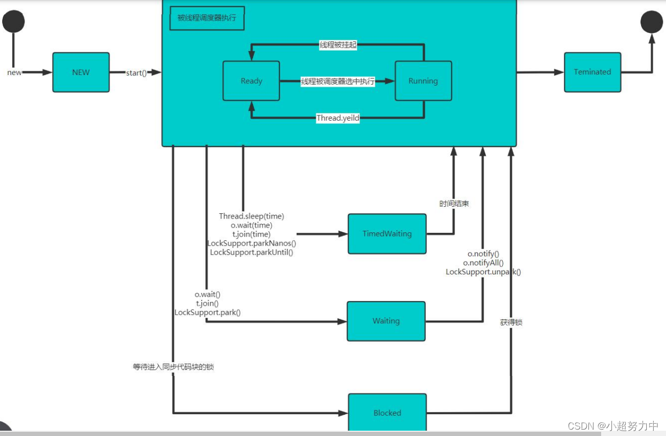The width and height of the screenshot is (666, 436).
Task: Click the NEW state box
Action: point(81,72)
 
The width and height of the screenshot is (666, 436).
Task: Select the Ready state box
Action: point(251,81)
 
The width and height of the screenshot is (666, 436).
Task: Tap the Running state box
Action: point(423,81)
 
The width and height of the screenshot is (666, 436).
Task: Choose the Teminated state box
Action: point(592,72)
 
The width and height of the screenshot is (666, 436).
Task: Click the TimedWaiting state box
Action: point(387,234)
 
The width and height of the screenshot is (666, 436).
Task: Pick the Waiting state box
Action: point(386,321)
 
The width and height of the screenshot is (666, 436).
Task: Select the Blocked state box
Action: point(387,413)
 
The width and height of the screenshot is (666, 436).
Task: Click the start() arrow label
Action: point(136,72)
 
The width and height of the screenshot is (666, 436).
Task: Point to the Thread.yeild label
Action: point(338,118)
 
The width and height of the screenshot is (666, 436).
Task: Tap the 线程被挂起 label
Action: point(338,45)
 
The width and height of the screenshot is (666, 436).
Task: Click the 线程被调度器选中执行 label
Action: point(338,81)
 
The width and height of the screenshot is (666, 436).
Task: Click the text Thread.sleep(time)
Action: point(251,216)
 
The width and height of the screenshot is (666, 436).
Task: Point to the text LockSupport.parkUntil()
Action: point(251,253)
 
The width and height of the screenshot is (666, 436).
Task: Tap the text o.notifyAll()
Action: point(483,263)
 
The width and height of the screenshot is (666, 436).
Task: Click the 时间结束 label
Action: point(454,204)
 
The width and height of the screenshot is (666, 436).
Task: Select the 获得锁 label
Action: point(511,322)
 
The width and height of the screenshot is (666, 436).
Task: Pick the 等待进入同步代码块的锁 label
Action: point(173,367)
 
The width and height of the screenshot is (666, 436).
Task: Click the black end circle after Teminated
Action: point(651,22)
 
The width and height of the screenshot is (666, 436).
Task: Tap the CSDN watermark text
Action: point(612,426)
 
